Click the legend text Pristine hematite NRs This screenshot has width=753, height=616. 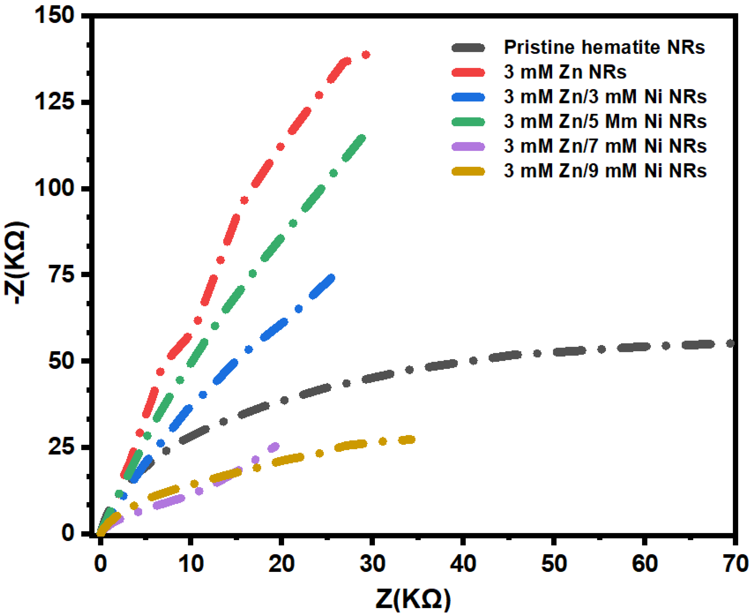(x=604, y=48)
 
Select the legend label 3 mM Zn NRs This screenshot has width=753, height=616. (x=565, y=72)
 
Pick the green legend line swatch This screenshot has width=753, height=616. (x=468, y=122)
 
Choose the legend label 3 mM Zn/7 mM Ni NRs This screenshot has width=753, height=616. (x=605, y=146)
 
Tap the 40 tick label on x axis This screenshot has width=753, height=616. (x=463, y=564)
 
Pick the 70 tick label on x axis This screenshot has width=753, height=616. (x=735, y=564)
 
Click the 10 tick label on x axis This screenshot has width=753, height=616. (x=191, y=564)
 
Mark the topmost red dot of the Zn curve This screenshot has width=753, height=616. (x=366, y=55)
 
